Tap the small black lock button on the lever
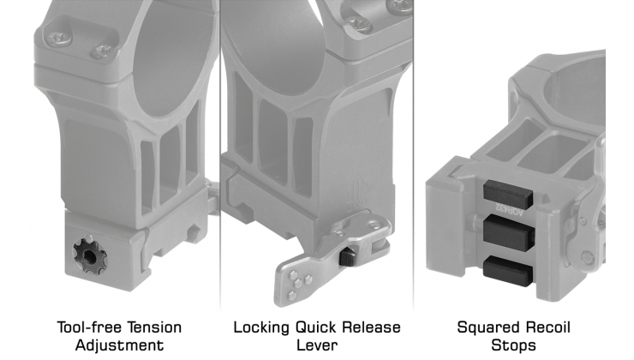tap(346, 257)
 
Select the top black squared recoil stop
tap(508, 195)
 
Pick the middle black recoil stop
tap(510, 232)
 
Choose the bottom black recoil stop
tap(509, 271)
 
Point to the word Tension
tap(151, 327)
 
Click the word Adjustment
tap(120, 345)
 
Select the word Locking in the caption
tap(261, 327)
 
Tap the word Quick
tap(317, 327)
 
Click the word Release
tap(372, 327)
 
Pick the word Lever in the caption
tap(317, 345)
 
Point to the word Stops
tap(513, 345)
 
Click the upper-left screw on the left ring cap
tap(59, 39)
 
